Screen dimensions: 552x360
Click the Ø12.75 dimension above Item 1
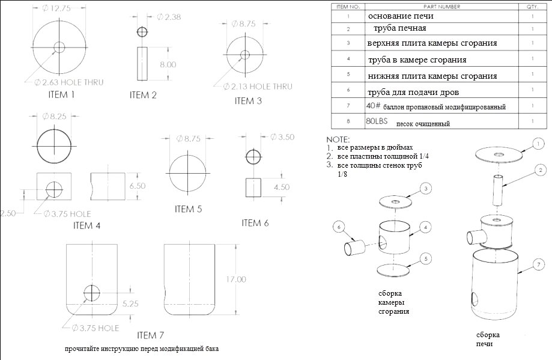[56, 8]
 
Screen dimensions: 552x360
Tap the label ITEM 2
[143, 95]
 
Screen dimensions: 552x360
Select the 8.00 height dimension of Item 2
[168, 64]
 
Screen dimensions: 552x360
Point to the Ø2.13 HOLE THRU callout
[258, 87]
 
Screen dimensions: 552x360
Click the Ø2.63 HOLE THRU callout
[69, 82]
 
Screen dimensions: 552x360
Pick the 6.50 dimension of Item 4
[138, 186]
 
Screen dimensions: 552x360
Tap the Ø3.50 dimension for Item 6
[282, 137]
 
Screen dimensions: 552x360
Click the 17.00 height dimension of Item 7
[236, 279]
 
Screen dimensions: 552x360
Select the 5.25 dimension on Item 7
[130, 304]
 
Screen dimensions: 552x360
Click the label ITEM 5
[189, 209]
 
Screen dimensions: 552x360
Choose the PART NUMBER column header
[442, 7]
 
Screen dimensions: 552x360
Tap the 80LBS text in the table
[377, 121]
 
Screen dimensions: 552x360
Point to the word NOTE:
[338, 139]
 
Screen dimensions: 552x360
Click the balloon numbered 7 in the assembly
[539, 264]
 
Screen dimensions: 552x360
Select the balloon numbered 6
[339, 227]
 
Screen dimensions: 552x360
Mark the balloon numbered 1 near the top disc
[538, 144]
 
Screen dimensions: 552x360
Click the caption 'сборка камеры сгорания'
[393, 302]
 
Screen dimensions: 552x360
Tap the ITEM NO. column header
[348, 7]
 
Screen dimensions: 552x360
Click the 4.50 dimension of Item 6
[282, 187]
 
